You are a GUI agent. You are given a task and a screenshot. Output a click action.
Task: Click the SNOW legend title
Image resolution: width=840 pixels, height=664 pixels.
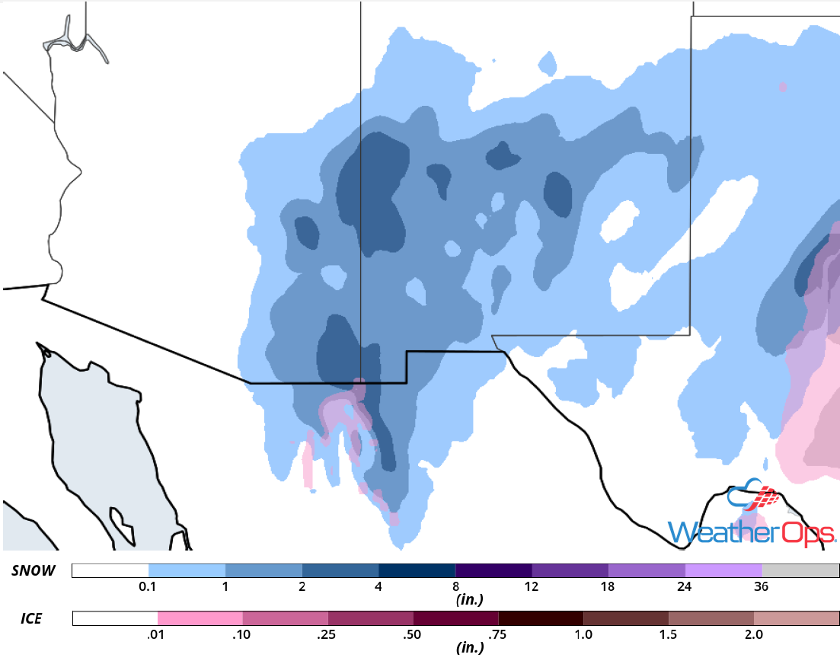tap(34, 570)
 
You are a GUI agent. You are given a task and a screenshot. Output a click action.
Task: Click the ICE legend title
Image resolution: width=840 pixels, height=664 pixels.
tap(30, 618)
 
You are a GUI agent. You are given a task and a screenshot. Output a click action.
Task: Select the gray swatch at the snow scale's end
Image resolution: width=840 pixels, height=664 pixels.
tap(800, 570)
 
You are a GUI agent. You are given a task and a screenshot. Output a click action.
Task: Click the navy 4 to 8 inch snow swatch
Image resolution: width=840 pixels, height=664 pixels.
tap(417, 570)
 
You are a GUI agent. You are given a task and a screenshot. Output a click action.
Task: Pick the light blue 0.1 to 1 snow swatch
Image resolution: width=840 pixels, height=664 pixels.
tap(187, 570)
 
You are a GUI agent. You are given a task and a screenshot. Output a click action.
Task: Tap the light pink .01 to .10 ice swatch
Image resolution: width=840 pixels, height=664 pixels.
tap(200, 618)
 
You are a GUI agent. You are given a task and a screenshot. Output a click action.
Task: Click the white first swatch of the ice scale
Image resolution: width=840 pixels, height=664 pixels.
tap(115, 618)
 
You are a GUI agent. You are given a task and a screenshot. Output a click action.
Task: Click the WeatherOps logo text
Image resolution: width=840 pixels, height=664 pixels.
tap(750, 532)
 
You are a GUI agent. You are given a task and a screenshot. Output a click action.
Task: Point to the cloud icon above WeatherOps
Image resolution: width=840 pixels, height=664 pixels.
tap(755, 496)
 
